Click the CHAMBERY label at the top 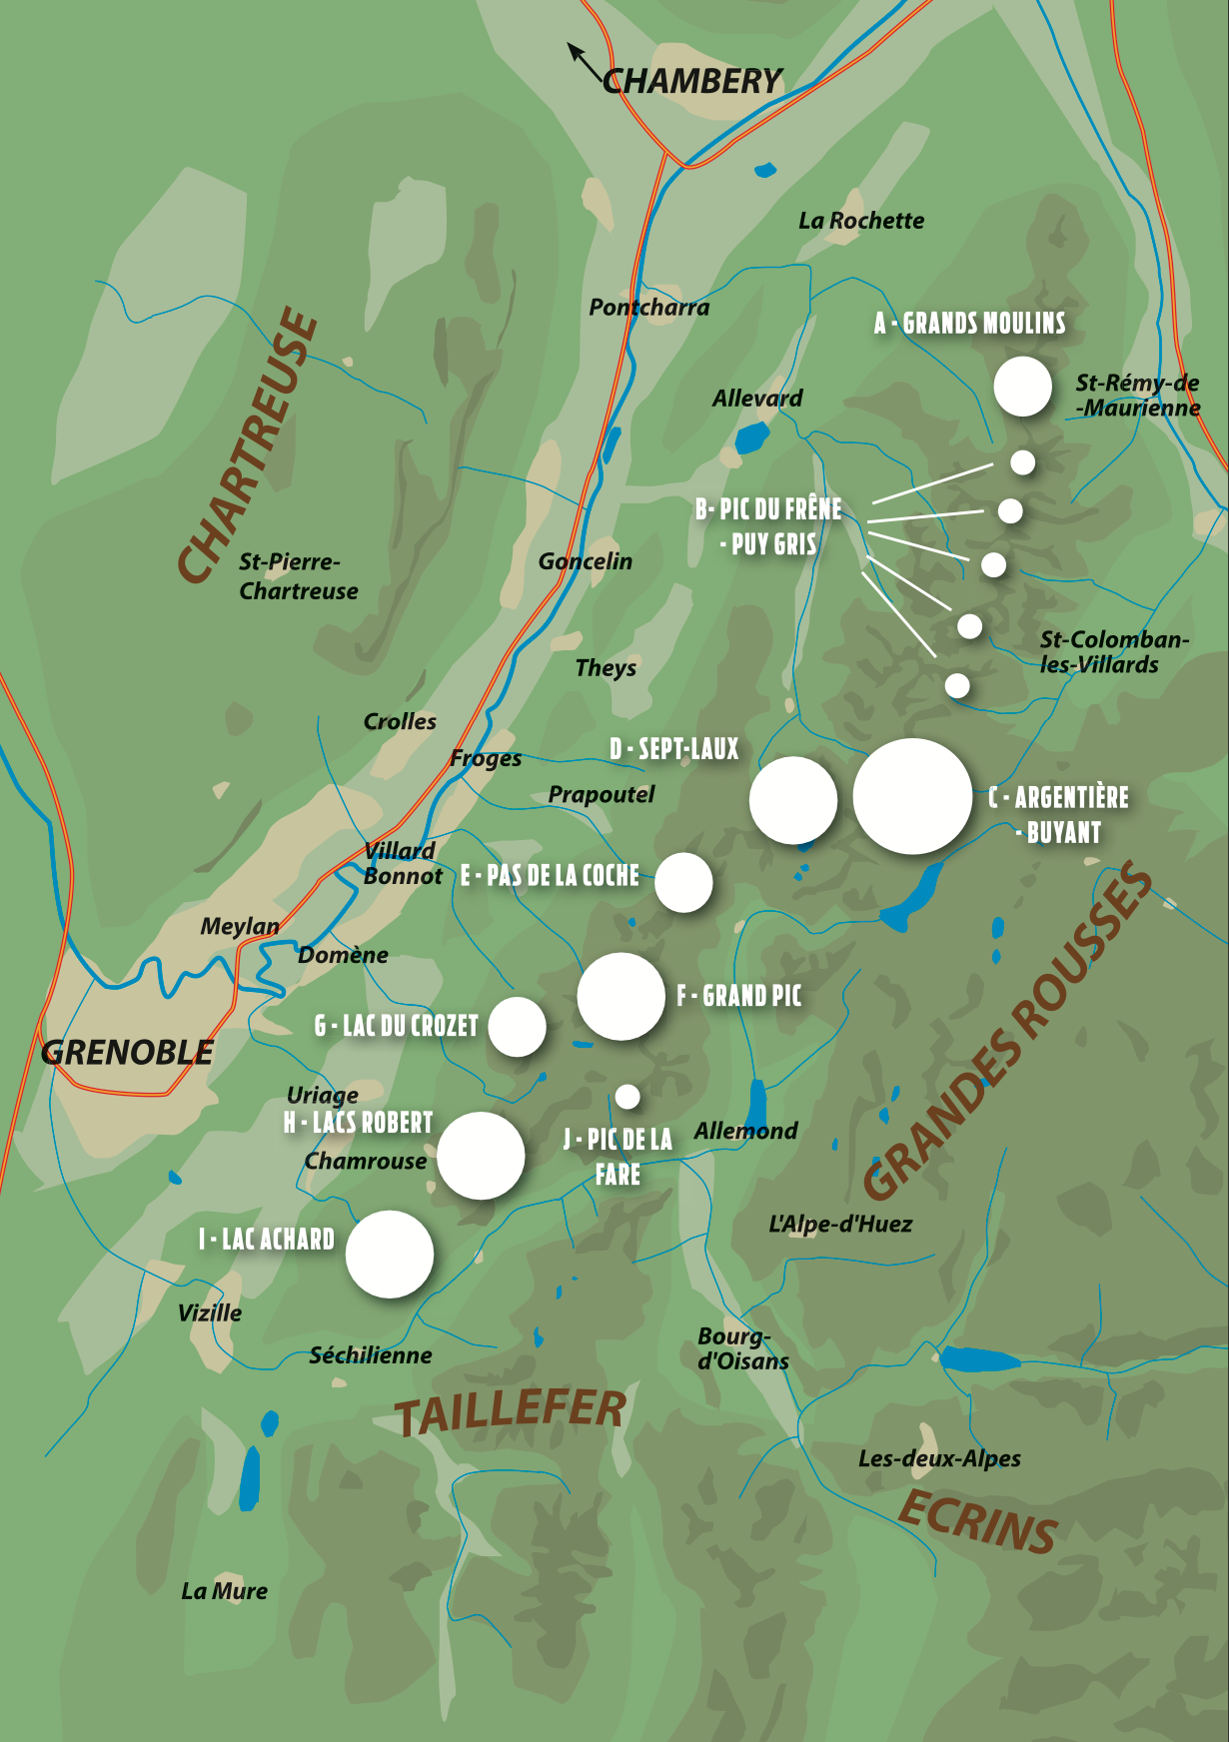pos(691,81)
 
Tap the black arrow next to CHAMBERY pos(583,59)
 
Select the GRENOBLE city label pos(127,1052)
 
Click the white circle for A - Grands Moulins pos(1022,387)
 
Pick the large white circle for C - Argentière pos(911,796)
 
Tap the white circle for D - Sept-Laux pos(793,800)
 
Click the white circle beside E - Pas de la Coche pos(683,882)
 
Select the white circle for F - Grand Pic pos(620,996)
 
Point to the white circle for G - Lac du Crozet pos(517,1026)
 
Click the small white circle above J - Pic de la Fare pos(627,1097)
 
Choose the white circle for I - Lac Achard pos(390,1254)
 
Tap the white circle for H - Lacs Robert pos(481,1155)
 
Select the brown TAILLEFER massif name pos(511,1410)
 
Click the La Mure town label pos(224,1591)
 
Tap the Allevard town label pos(756,399)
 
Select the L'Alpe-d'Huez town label pos(839,1224)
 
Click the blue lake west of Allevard pos(751,437)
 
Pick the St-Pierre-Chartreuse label pos(298,576)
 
